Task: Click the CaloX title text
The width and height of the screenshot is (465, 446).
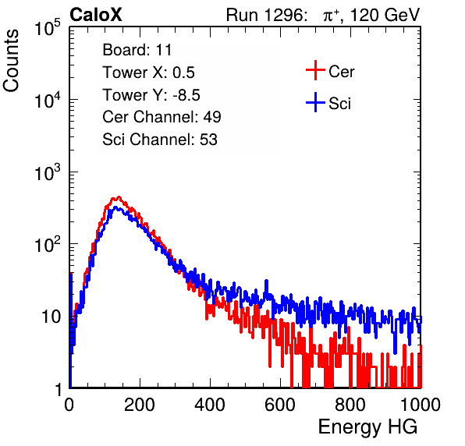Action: pos(95,15)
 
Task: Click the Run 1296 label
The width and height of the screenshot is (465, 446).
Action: pos(266,15)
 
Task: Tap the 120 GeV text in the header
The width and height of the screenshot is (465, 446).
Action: pos(385,15)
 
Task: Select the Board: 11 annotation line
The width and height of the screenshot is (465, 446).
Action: pos(137,50)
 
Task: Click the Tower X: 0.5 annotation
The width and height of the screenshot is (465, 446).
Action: pos(148,73)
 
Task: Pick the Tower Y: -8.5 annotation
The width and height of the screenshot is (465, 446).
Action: pos(151,95)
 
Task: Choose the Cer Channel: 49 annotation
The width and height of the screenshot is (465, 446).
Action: pos(162,117)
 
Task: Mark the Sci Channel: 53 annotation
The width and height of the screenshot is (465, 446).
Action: pos(160,140)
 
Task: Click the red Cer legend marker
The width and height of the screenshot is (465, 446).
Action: pos(315,70)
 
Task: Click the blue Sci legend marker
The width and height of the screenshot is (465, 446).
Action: pos(315,103)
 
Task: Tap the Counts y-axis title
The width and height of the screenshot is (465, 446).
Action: pos(11,61)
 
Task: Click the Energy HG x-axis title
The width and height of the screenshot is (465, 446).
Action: pos(367,427)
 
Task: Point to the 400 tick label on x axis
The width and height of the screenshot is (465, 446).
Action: pos(210,405)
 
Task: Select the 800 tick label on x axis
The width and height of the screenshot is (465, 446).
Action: pos(350,405)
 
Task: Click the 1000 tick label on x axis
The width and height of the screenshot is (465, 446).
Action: pos(420,405)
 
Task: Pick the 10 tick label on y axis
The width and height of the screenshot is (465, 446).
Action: pos(51,317)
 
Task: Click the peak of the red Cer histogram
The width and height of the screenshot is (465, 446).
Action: pos(119,196)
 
